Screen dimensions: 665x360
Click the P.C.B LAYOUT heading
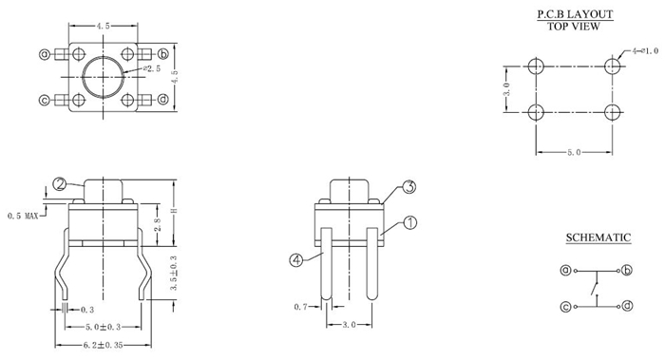(575, 14)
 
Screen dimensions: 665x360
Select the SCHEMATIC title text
(598, 237)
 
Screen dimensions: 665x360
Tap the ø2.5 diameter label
(152, 68)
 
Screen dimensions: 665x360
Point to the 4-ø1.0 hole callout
(645, 51)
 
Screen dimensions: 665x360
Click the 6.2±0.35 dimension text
(103, 345)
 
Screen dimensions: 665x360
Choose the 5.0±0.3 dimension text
(103, 327)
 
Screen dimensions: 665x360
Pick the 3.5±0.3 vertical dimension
(173, 273)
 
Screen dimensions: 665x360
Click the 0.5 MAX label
(23, 217)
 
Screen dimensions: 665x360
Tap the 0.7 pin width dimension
(301, 307)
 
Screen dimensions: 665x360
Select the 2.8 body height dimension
(158, 224)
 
